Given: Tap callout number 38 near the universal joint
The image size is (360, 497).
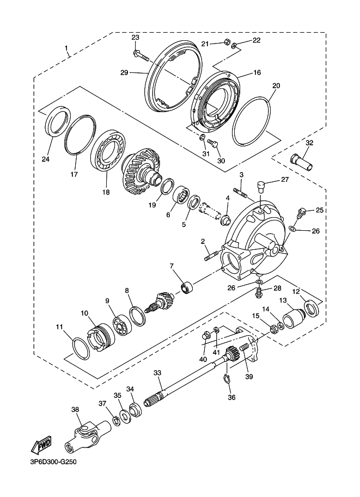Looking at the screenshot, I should pyautogui.click(x=75, y=410).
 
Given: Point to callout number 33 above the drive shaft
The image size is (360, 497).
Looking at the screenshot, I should pyautogui.click(x=157, y=373).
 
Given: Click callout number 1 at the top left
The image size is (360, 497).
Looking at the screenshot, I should pyautogui.click(x=67, y=50).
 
